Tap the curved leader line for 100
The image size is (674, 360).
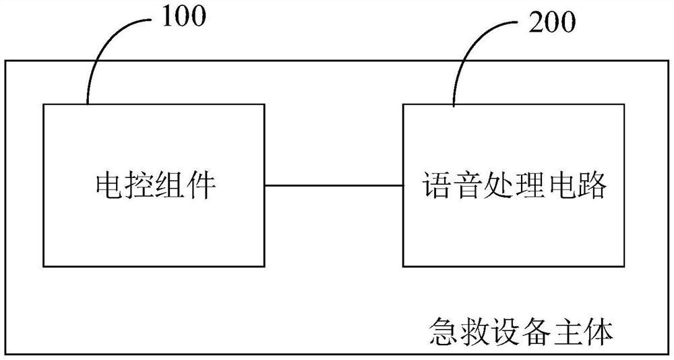click(101, 54)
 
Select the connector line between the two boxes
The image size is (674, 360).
click(334, 185)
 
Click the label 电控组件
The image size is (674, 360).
click(154, 185)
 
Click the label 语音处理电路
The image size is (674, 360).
click(515, 185)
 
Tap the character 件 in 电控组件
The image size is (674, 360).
click(201, 185)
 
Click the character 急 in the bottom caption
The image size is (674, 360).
click(443, 332)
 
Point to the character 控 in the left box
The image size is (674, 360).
click(139, 185)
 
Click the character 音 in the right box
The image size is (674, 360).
click(469, 185)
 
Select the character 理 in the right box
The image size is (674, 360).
click(530, 185)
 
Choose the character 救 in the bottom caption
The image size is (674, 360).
click(474, 332)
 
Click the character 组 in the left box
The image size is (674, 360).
click(170, 185)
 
